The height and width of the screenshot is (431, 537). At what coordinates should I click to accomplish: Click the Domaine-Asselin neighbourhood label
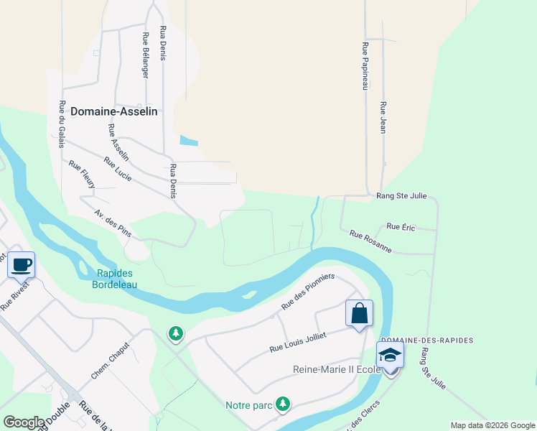point(113,111)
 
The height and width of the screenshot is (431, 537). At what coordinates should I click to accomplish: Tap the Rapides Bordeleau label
point(117,279)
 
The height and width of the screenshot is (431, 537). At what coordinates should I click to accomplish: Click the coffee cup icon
point(21,264)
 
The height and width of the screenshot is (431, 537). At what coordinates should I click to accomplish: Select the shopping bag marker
point(359,313)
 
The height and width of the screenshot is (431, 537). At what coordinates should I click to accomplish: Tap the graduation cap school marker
point(391,355)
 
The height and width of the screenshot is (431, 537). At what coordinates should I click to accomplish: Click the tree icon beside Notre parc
point(284,404)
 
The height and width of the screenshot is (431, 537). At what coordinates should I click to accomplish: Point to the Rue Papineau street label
point(365,65)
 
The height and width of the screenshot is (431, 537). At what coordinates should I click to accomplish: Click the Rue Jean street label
point(383,117)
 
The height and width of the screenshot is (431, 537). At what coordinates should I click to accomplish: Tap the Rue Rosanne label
point(370,241)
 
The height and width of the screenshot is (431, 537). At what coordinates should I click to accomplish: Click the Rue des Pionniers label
point(308,292)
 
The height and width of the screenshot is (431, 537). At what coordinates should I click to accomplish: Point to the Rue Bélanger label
point(146,55)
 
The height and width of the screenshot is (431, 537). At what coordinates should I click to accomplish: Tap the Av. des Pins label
point(113,224)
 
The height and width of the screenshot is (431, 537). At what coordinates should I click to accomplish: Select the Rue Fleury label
point(82,175)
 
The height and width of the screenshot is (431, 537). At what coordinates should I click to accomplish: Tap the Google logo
point(24,422)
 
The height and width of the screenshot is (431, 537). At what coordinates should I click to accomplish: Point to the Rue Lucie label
point(118,169)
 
